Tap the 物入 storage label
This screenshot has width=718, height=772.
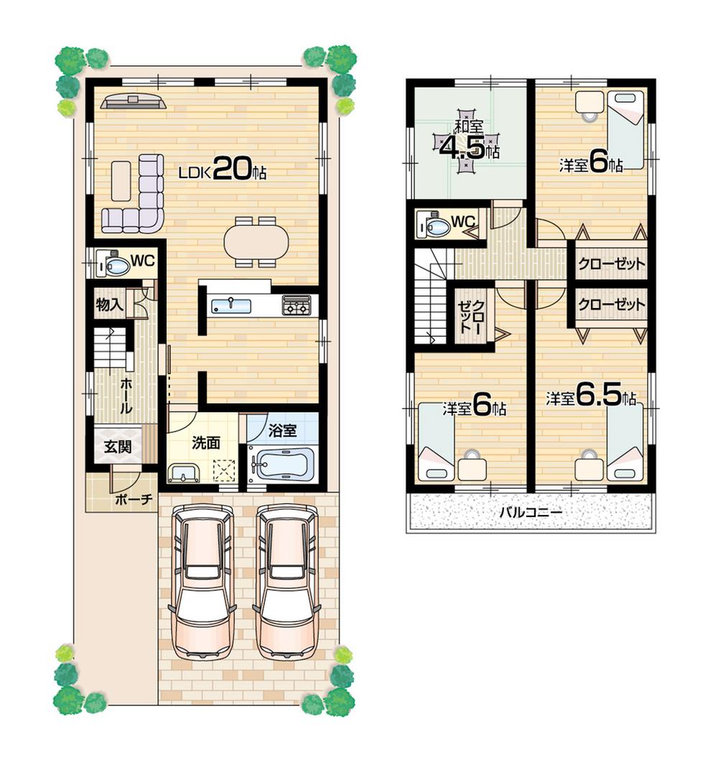click(x=110, y=304)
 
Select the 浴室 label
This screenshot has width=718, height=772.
click(x=282, y=431)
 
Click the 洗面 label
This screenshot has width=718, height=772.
click(x=205, y=443)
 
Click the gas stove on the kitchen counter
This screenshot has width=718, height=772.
click(x=297, y=305)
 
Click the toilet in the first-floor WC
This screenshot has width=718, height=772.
click(x=115, y=266)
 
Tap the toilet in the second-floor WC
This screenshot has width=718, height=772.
click(x=435, y=227)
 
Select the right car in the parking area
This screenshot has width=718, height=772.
click(x=287, y=582)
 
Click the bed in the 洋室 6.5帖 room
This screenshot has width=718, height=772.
click(x=625, y=445)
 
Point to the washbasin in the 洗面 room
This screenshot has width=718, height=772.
click(x=185, y=473)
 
